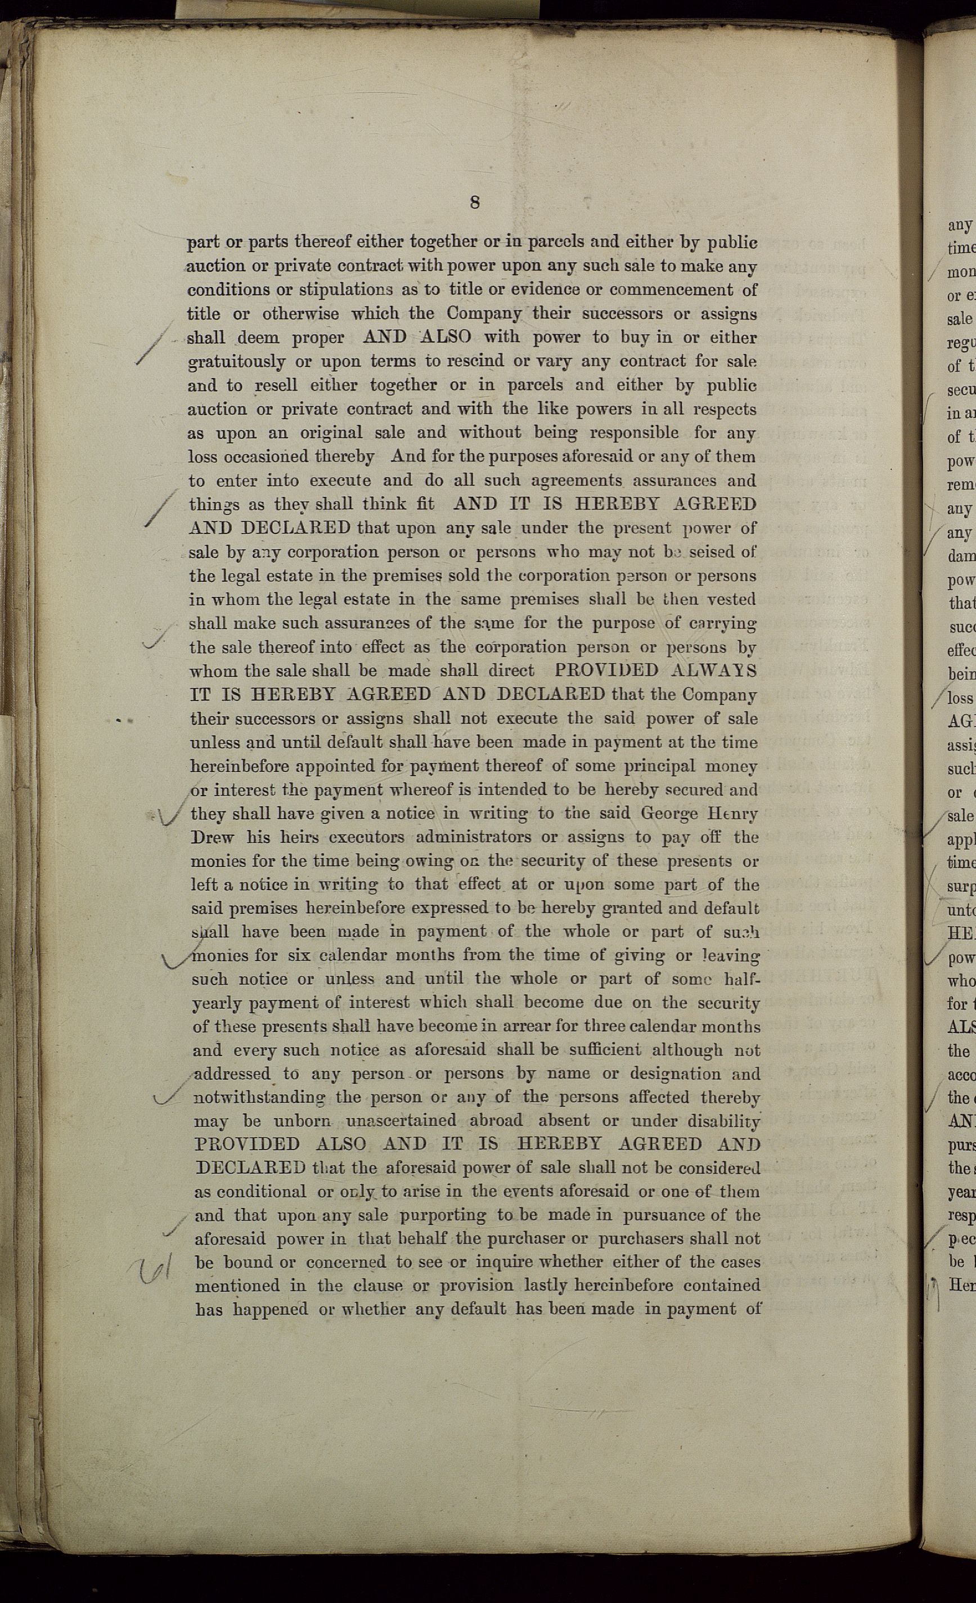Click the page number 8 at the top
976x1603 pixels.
click(475, 203)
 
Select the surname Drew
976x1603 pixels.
click(212, 837)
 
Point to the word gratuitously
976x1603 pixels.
click(237, 362)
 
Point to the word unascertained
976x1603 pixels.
click(402, 1121)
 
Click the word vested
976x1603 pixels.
click(731, 599)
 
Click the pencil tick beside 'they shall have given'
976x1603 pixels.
click(167, 814)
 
